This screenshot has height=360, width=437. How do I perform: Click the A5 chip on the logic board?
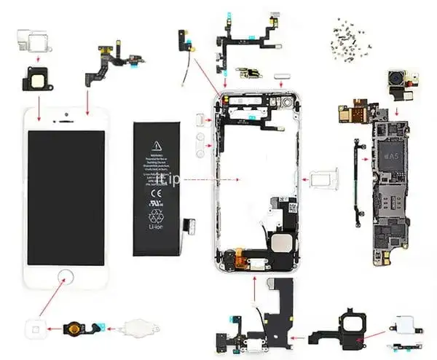pyautogui.click(x=391, y=155)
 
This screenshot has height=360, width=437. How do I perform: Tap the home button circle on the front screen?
pyautogui.click(x=66, y=278)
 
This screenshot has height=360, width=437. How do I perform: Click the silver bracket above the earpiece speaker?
pyautogui.click(x=30, y=36)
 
